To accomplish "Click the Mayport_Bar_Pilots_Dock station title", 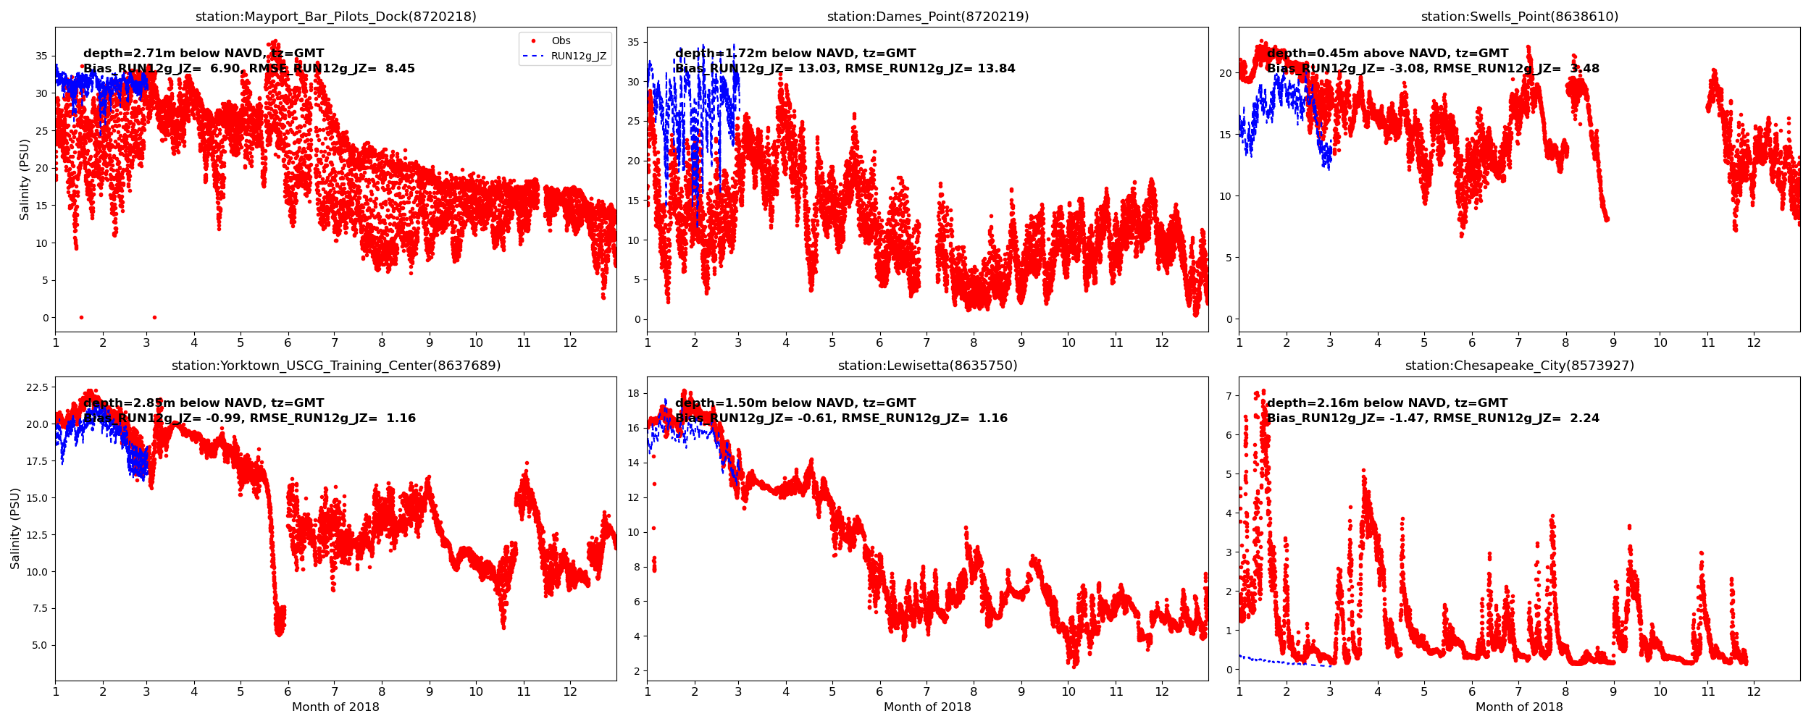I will click(335, 17).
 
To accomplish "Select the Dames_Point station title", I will click(927, 17).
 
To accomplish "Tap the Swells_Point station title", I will click(1519, 17).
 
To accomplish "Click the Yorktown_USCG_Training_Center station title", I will click(335, 366).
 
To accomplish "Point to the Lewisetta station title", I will click(927, 366).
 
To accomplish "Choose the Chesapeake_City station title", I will click(1519, 366).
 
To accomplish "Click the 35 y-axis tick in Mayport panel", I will click(41, 56).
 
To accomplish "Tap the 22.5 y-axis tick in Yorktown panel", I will click(37, 387).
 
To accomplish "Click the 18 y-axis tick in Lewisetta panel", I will click(633, 393).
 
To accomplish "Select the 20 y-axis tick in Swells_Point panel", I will click(1225, 73).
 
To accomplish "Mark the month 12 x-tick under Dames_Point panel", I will click(1162, 342).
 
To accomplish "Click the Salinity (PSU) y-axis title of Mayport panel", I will click(25, 180).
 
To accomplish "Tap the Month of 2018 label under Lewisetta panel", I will click(927, 707).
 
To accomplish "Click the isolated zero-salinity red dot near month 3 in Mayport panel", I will click(154, 317).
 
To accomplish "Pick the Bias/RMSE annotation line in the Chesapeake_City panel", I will click(1433, 418).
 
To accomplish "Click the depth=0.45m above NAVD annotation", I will click(1387, 54).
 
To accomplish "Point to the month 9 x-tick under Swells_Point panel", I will click(1613, 342).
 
